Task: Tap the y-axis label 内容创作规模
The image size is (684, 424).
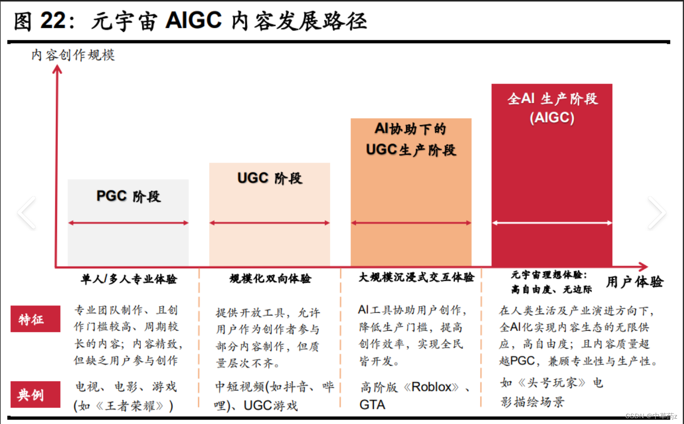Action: (x=73, y=55)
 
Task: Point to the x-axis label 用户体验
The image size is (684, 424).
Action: (x=634, y=282)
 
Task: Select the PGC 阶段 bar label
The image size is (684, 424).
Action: (x=128, y=196)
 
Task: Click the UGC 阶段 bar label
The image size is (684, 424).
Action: (x=270, y=178)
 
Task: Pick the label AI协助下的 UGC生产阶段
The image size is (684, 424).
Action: (x=411, y=139)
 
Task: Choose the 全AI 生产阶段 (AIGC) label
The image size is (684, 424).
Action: (x=552, y=108)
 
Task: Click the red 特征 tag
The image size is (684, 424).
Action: (x=35, y=319)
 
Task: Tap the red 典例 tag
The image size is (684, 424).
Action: (x=35, y=394)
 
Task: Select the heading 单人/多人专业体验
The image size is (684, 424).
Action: (x=129, y=279)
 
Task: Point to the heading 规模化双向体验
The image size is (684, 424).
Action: (x=270, y=279)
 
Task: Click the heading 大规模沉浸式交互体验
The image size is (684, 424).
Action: (x=416, y=277)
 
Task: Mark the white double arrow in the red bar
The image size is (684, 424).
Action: (x=552, y=223)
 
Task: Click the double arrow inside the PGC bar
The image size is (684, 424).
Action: (x=128, y=223)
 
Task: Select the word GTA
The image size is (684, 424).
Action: (x=372, y=405)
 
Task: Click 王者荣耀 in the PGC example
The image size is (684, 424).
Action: (x=130, y=406)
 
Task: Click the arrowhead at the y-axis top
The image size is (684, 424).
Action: (x=57, y=69)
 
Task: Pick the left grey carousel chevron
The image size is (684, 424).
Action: (x=26, y=213)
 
